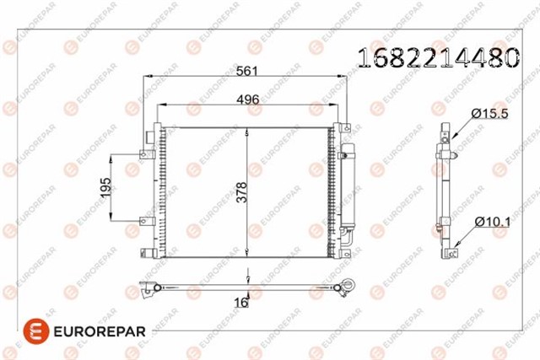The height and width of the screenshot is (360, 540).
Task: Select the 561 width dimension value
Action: tap(247, 71)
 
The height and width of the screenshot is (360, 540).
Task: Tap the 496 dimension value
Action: tap(247, 99)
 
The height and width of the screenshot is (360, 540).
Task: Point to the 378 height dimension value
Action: tap(242, 192)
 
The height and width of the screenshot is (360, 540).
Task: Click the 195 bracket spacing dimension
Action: tap(105, 187)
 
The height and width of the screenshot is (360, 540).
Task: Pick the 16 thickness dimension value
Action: tap(241, 303)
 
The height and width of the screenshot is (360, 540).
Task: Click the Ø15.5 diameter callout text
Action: tap(489, 113)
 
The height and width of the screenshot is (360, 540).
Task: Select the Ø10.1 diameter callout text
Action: tap(493, 222)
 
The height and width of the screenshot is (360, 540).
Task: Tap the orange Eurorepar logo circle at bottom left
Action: tap(35, 331)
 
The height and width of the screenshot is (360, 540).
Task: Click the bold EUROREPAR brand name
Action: tap(100, 332)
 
